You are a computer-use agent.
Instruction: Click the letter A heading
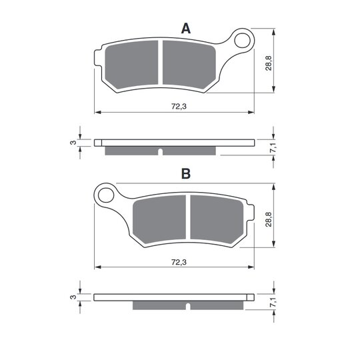pyautogui.click(x=186, y=29)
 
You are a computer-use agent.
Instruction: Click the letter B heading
pyautogui.click(x=186, y=174)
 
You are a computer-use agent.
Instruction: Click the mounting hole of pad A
pyautogui.click(x=242, y=41)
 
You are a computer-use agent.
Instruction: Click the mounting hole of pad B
pyautogui.click(x=106, y=195)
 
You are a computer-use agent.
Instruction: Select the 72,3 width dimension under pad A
pyautogui.click(x=179, y=107)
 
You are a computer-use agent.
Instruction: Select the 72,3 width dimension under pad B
pyautogui.click(x=179, y=262)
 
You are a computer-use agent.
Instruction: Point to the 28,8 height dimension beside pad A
pyautogui.click(x=269, y=63)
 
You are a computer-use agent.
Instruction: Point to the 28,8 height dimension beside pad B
pyautogui.click(x=269, y=219)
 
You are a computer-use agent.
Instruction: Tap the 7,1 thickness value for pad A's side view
pyautogui.click(x=273, y=147)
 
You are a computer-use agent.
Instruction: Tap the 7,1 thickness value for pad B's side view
pyautogui.click(x=273, y=303)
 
